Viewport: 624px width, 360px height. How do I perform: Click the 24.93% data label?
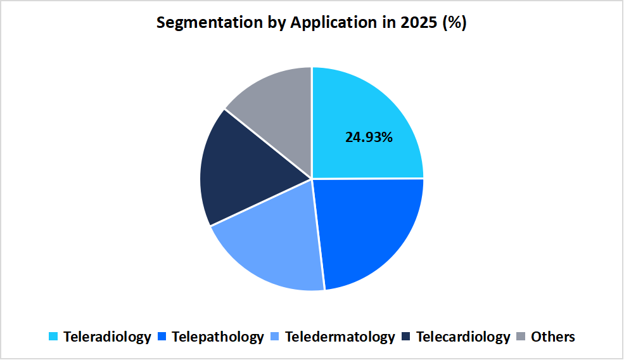(x=369, y=137)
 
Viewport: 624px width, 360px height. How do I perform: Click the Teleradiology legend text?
(x=107, y=337)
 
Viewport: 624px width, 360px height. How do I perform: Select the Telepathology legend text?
(x=217, y=337)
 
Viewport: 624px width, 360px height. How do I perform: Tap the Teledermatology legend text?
(x=340, y=337)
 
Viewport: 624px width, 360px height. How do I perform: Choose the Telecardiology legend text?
(x=463, y=337)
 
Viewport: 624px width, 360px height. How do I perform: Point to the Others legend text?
(x=553, y=337)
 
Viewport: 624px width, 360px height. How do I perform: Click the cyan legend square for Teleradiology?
(x=54, y=337)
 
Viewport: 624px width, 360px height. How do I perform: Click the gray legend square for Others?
(x=522, y=337)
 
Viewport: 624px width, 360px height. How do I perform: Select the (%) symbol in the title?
(x=456, y=23)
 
